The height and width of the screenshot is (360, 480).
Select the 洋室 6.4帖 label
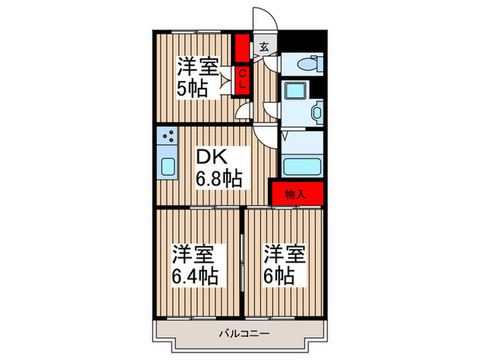pos(195,265)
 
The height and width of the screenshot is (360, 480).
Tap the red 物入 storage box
pos(296,193)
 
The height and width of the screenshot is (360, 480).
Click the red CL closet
pos(243,80)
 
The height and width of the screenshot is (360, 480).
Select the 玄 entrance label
pos(265,48)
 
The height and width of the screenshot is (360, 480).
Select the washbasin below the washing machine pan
pos(316,112)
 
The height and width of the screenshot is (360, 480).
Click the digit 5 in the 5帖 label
pos(183,91)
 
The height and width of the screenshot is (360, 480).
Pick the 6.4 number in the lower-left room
pos(185,276)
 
